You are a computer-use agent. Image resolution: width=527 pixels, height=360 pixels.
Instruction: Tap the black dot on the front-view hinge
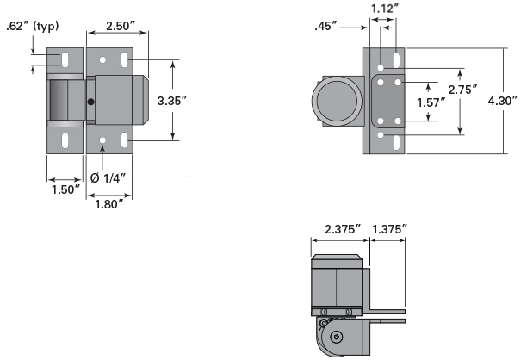click(x=90, y=102)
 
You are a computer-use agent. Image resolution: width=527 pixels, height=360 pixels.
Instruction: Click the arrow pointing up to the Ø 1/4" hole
click(x=103, y=156)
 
